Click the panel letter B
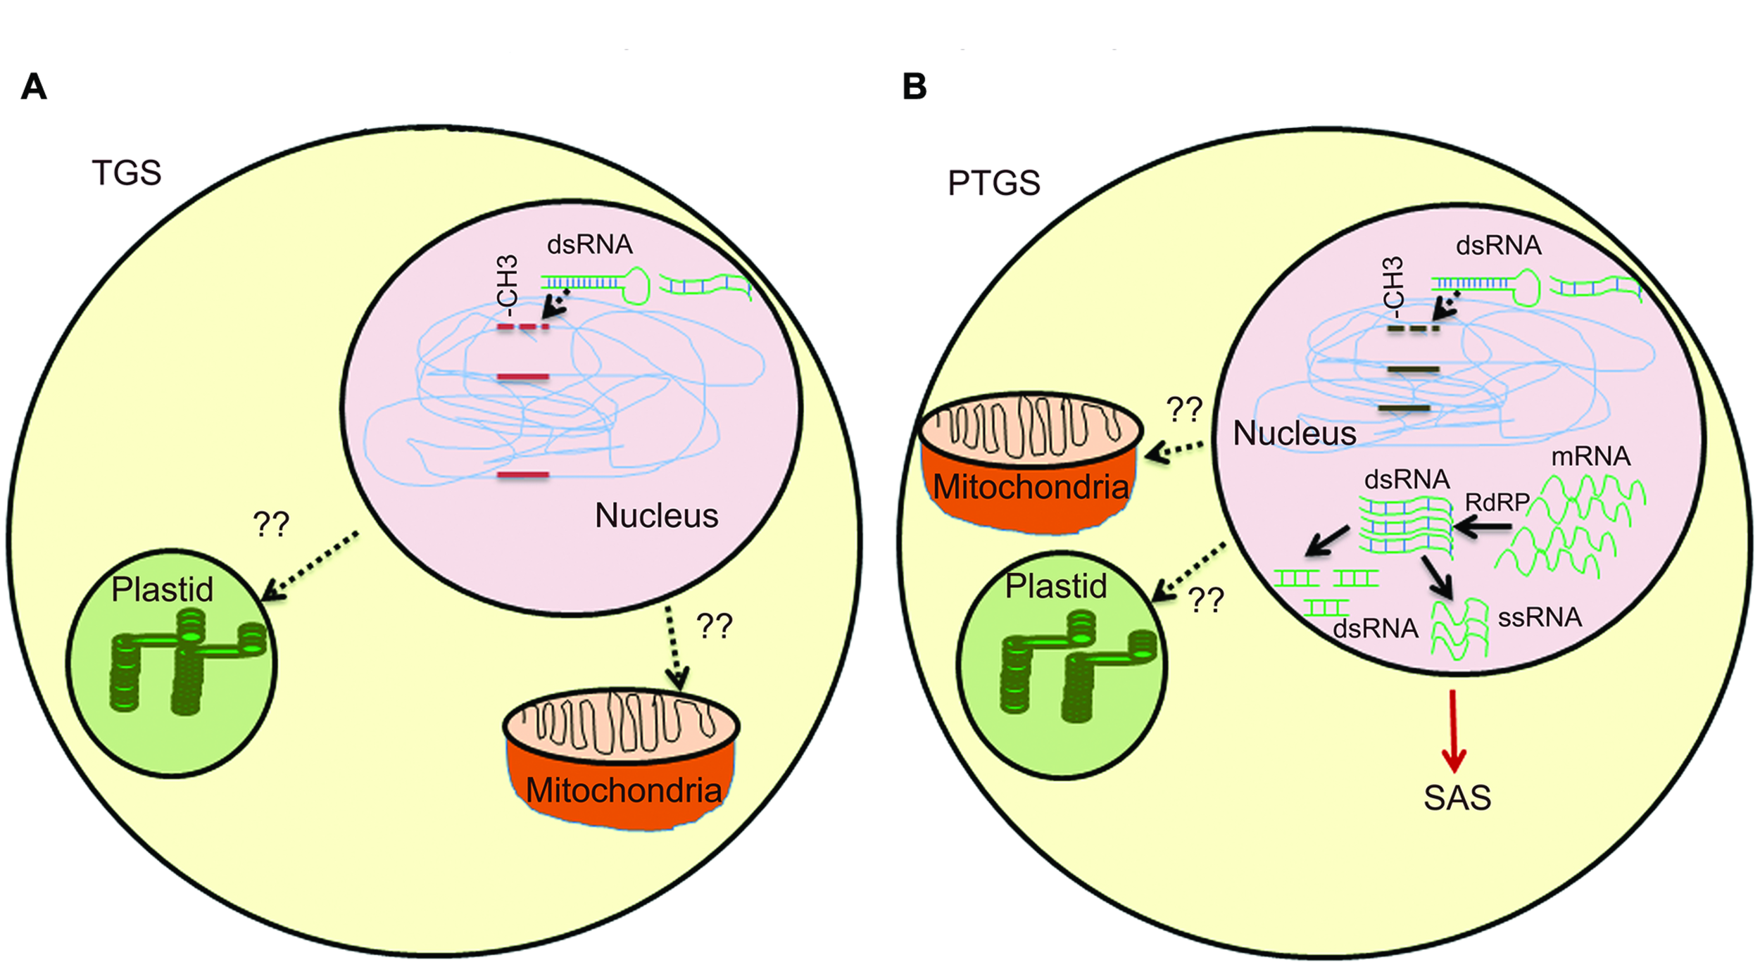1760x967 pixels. (x=914, y=87)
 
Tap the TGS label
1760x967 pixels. (x=127, y=172)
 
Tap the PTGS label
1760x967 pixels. (x=993, y=183)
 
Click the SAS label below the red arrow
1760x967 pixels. (x=1457, y=798)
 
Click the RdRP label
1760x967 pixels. (x=1497, y=503)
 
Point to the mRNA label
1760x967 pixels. (x=1590, y=456)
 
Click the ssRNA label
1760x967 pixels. (x=1540, y=617)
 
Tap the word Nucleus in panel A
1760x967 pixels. (x=656, y=515)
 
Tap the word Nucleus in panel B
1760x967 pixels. (x=1294, y=433)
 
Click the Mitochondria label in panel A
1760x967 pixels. (x=623, y=790)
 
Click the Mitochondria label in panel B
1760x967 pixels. (x=1030, y=487)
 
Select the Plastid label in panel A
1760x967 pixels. (x=162, y=589)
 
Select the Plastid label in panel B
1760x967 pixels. (x=1055, y=586)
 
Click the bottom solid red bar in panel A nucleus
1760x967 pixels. (x=522, y=475)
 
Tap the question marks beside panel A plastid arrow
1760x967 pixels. (x=271, y=524)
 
